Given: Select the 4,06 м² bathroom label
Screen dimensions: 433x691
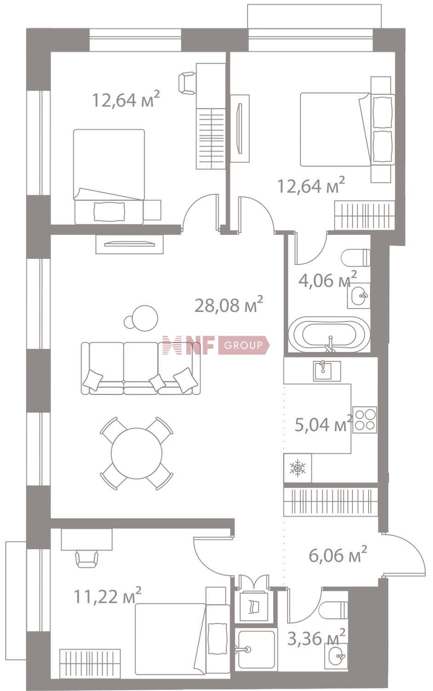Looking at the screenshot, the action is point(328,280).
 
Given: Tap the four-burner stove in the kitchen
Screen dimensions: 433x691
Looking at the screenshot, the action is point(364,420).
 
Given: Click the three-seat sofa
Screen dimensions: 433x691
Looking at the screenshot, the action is point(140,368).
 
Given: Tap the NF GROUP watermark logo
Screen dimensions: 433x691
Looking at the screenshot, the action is point(216,345).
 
